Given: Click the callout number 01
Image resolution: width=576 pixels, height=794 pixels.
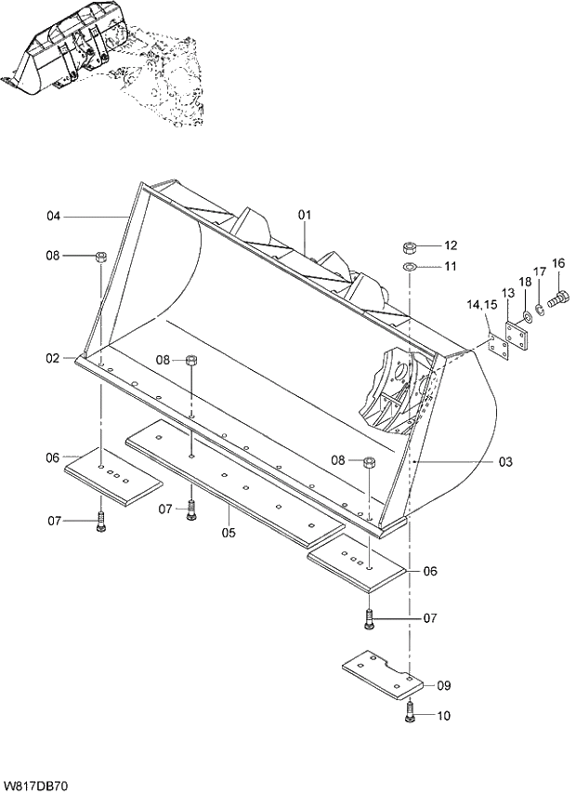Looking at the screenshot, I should coord(304,215).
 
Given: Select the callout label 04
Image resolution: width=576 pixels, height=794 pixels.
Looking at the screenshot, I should coord(54,217).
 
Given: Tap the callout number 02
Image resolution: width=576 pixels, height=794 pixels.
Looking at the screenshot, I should coord(54,358).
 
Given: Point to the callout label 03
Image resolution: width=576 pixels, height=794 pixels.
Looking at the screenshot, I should coord(505,461).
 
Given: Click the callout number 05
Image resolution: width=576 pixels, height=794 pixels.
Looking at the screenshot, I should coord(229,533).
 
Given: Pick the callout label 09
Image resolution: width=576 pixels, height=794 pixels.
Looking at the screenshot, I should coord(443,685).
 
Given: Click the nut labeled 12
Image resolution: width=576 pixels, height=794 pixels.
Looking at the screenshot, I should coord(409,247).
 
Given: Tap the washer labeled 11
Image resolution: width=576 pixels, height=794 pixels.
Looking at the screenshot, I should coord(409,267).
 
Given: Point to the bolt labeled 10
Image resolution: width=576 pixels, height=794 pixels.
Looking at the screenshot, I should coord(410,712).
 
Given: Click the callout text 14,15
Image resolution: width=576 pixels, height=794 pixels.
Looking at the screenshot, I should coord(482,304).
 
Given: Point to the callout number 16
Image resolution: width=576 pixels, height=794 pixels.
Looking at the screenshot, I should coord(558,263).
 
